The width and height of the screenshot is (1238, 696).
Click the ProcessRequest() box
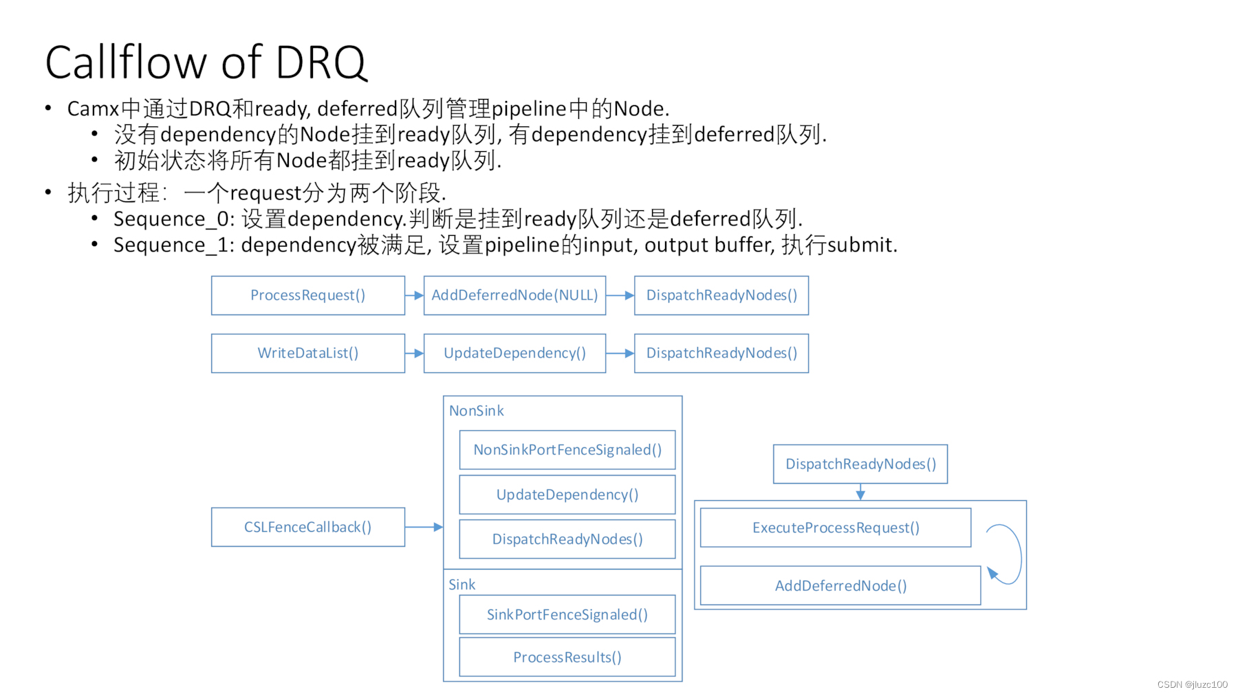307,295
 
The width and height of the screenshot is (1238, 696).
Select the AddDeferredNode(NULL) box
514,295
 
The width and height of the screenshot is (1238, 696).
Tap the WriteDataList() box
307,353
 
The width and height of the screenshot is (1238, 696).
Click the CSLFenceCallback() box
307,527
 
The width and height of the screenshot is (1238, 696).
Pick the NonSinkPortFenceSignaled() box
567,450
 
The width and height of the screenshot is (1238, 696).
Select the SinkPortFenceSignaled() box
567,614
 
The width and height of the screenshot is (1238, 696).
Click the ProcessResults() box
567,658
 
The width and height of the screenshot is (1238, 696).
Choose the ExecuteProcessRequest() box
835,528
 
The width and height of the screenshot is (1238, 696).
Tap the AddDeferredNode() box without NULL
840,586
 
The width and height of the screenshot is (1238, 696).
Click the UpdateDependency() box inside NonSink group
567,495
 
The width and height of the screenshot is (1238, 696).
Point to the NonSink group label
476,411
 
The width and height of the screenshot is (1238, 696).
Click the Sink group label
461,585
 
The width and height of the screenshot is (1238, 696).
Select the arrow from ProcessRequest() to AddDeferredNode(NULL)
414,295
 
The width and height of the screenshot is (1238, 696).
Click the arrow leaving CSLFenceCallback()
424,527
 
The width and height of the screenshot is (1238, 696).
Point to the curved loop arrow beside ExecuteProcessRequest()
1011,553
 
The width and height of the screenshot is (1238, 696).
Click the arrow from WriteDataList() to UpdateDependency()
414,353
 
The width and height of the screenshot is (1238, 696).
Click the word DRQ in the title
321,63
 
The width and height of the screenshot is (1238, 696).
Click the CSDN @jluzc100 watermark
1192,684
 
